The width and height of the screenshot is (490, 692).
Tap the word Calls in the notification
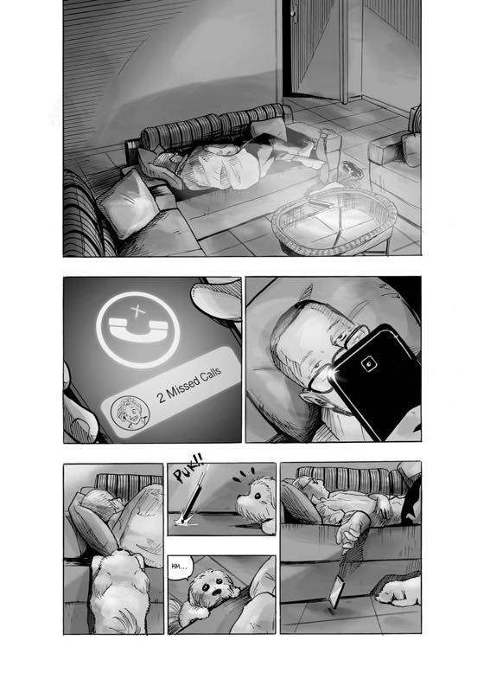pyautogui.click(x=210, y=377)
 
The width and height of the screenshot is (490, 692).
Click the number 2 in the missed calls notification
pyautogui.click(x=162, y=397)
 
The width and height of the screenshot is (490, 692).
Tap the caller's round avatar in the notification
pyautogui.click(x=130, y=413)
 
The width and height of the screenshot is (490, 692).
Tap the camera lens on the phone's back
pyautogui.click(x=368, y=363)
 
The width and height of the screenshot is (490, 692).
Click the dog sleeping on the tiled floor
pyautogui.click(x=398, y=589)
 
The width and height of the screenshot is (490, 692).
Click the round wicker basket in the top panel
pyautogui.click(x=334, y=221)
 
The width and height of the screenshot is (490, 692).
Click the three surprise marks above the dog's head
pyautogui.click(x=244, y=475)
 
